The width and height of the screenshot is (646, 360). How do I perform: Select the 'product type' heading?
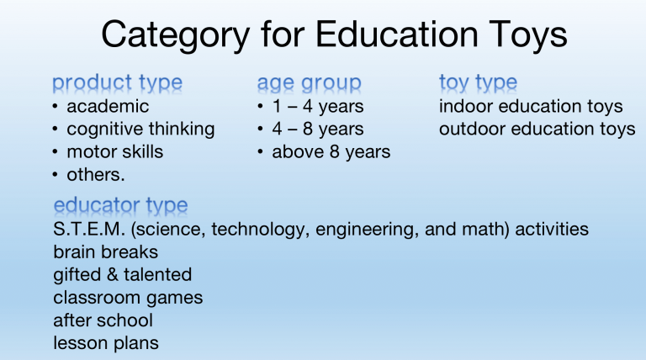pos(117,82)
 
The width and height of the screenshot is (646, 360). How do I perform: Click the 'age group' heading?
pos(309,82)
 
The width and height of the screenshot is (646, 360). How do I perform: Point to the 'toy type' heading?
pos(478,82)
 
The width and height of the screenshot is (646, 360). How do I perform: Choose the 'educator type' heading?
pos(120,205)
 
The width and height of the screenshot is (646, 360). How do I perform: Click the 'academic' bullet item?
pos(108,106)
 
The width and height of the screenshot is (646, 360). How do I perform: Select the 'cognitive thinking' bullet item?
pos(140,129)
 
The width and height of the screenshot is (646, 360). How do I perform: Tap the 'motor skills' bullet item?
pos(114,152)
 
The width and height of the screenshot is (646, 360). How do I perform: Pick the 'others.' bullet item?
pos(96,175)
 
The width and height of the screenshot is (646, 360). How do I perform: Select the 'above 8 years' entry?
pos(331,152)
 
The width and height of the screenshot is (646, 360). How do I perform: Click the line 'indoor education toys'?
pos(531,106)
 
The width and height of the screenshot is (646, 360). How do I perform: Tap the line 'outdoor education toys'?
pos(537,129)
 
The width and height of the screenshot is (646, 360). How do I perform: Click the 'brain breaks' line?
pos(105,251)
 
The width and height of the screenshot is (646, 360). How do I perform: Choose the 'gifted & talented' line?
pos(122,274)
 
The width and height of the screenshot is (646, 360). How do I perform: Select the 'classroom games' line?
pos(128,297)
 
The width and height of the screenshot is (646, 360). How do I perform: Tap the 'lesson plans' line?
pos(105,342)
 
